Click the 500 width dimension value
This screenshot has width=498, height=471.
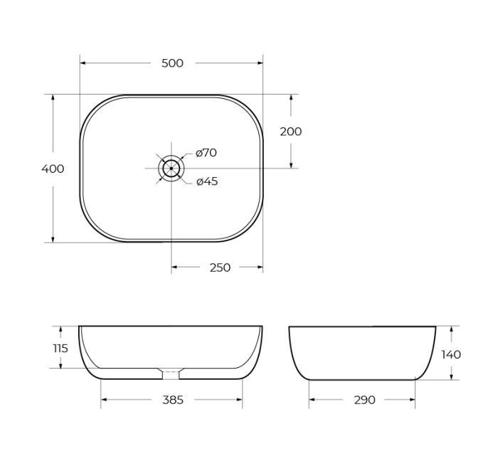[172, 63]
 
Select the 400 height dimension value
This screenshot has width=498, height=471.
[53, 169]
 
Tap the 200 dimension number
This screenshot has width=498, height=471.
[290, 132]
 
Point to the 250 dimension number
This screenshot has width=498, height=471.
[220, 268]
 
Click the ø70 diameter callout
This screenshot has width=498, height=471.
[206, 153]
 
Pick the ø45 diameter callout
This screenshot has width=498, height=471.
[207, 181]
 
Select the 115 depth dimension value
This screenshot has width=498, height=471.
[60, 348]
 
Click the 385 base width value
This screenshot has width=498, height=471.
[173, 400]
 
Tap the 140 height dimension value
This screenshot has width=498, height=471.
[451, 354]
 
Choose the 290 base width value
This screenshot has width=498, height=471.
[364, 400]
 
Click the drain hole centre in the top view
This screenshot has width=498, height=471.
[171, 169]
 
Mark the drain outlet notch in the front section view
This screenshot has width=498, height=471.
[171, 374]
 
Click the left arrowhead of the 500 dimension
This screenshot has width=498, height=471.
[83, 63]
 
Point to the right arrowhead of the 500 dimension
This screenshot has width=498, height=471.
[260, 63]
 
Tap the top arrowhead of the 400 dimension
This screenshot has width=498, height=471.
[53, 97]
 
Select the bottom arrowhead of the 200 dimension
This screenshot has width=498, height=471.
[290, 165]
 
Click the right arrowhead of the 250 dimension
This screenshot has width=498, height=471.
[260, 268]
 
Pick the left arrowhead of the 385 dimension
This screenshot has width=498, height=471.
[104, 400]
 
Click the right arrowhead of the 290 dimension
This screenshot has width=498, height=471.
[413, 400]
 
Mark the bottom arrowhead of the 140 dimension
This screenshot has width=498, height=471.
[451, 377]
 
